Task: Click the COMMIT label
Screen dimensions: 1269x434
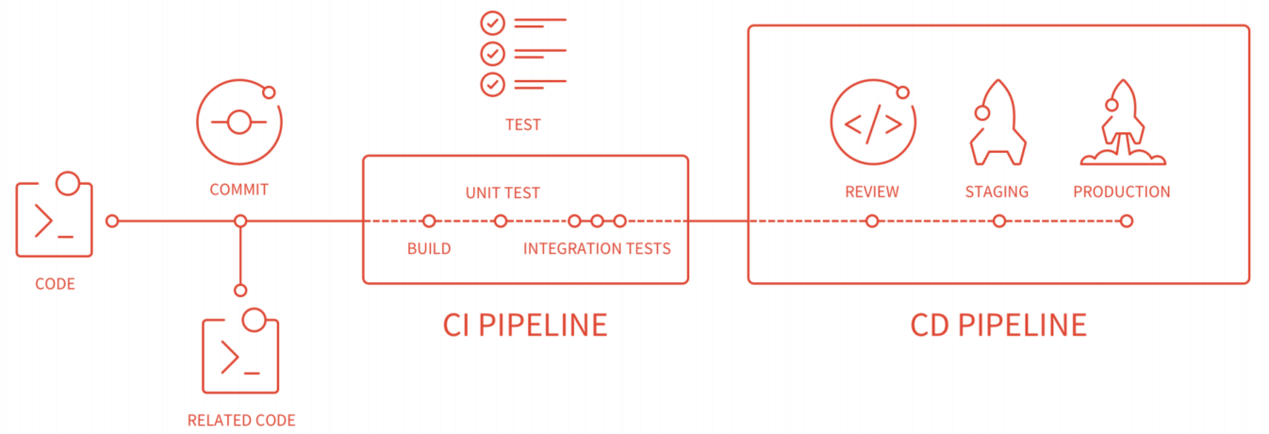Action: point(239,190)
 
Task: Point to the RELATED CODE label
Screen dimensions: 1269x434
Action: point(241,421)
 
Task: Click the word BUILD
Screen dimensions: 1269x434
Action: point(429,249)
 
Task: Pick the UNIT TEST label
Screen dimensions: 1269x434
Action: point(503,193)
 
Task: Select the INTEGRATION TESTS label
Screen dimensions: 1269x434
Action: point(597,249)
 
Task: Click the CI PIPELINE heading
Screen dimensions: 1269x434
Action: point(524,325)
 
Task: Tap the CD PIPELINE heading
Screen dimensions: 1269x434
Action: point(998,325)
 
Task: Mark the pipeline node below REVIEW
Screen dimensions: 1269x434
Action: point(872,221)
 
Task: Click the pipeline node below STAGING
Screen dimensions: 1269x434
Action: point(999,221)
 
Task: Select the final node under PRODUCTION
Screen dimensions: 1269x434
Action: point(1127,221)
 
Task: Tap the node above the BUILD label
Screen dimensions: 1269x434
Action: point(429,221)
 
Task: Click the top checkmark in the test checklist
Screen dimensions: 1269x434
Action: point(492,24)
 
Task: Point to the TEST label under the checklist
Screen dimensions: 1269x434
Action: point(523,125)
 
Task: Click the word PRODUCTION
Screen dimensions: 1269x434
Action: point(1122,192)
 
